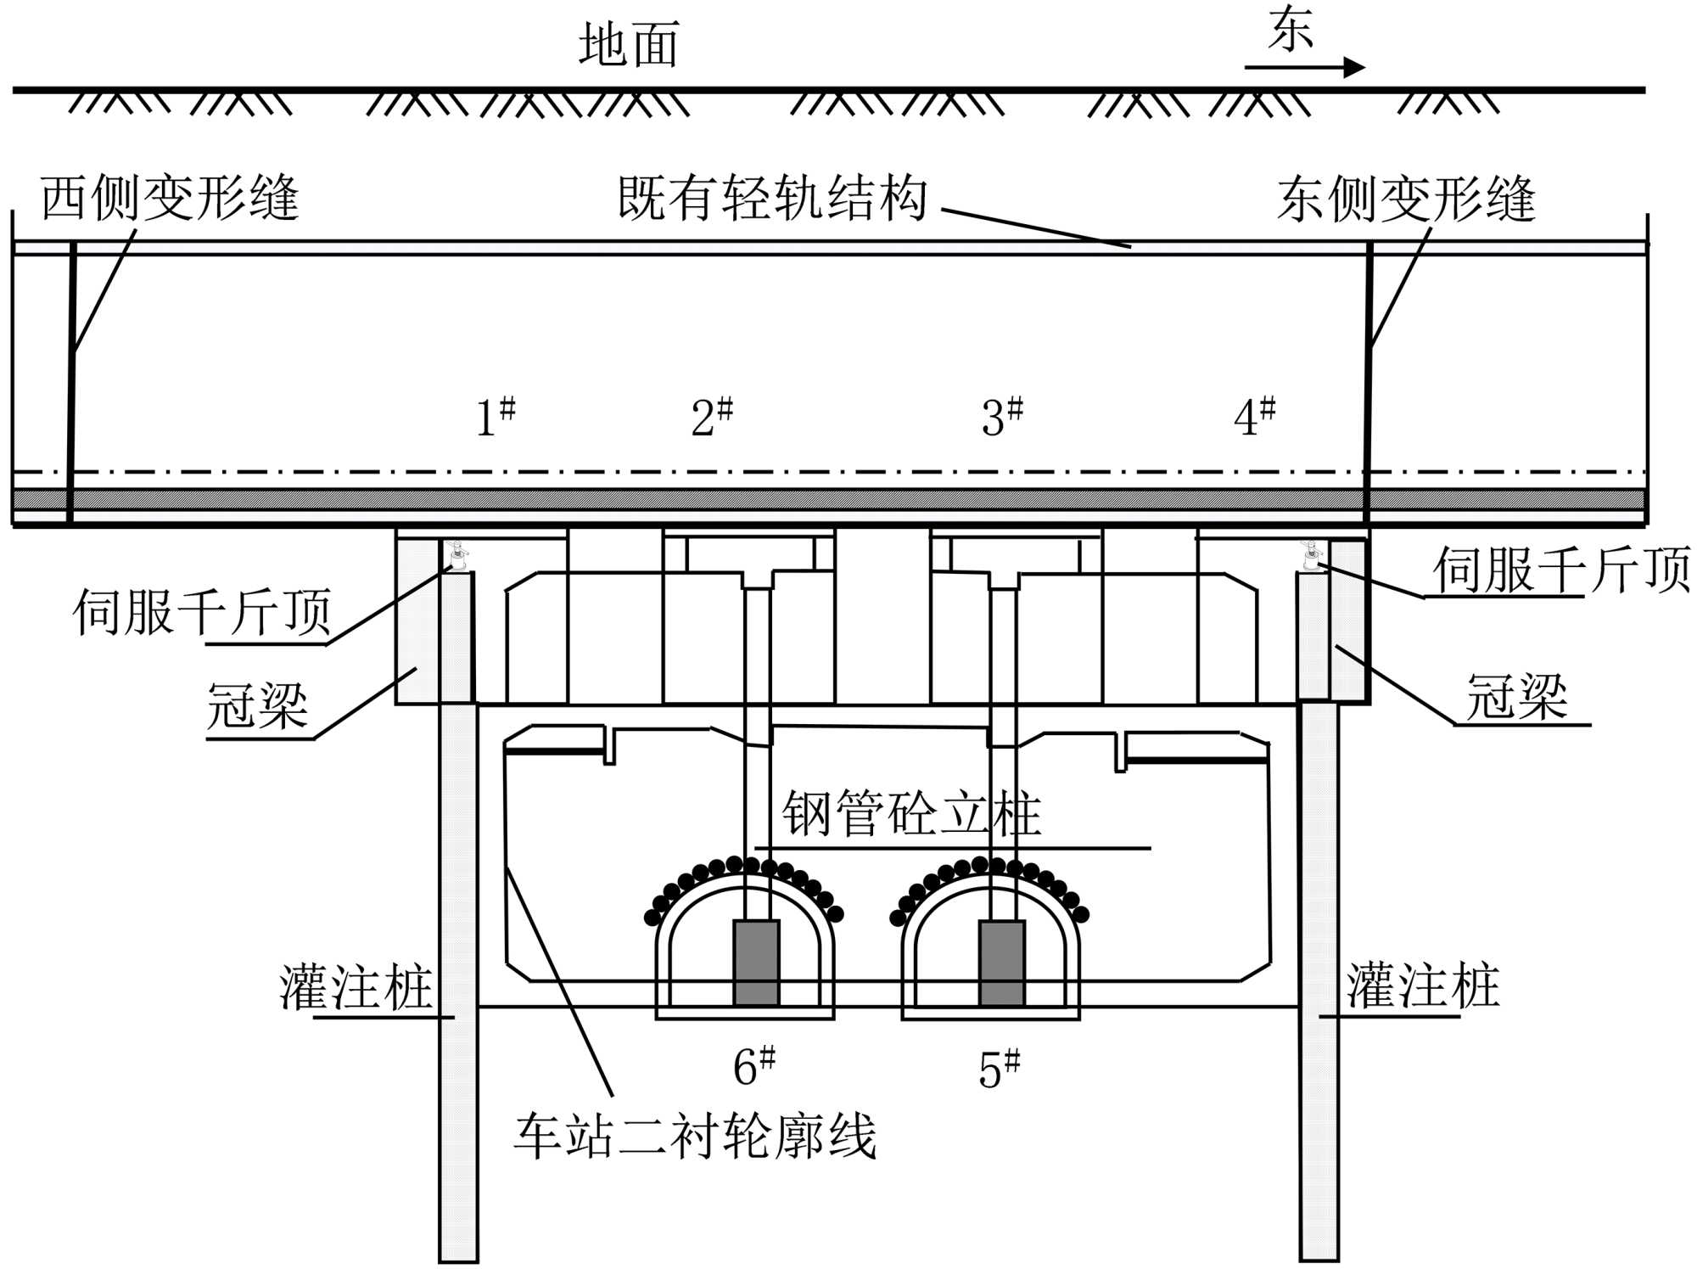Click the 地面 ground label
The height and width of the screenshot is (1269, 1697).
[x=629, y=45]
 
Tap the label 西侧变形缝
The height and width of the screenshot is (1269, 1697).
[x=170, y=199]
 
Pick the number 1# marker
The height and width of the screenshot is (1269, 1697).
[x=496, y=417]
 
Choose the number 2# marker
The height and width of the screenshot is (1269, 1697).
[x=712, y=417]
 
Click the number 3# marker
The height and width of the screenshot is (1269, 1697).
[x=1002, y=417]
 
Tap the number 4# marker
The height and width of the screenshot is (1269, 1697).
[x=1254, y=417]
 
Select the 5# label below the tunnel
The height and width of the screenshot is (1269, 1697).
[x=999, y=1069]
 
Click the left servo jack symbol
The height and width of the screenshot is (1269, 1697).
[x=458, y=556]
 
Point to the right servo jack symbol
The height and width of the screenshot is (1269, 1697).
[x=1312, y=556]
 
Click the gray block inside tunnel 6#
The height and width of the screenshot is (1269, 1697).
[x=756, y=963]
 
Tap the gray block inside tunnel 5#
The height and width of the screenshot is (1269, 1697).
[x=1001, y=963]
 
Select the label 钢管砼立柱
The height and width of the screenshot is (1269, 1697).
[x=911, y=814]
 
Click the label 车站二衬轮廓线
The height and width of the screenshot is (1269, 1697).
[x=695, y=1137]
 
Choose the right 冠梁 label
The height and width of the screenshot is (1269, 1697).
[x=1516, y=698]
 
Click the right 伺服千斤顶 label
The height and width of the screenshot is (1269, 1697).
[x=1561, y=570]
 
